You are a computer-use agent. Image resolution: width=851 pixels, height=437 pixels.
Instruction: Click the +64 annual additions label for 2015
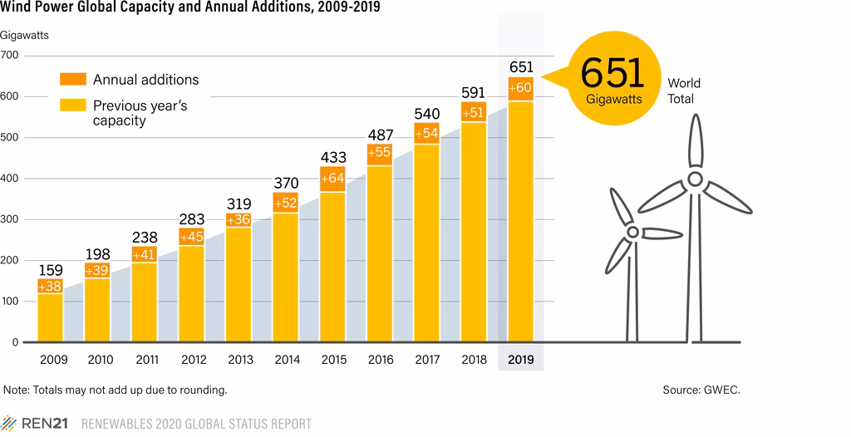tap(332, 179)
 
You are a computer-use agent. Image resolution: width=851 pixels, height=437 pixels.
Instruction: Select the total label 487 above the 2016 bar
tap(380, 135)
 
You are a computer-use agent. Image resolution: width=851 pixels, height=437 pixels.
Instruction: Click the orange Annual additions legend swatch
tap(73, 80)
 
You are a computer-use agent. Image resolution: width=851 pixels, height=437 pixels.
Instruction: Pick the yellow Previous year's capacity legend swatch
tap(73, 106)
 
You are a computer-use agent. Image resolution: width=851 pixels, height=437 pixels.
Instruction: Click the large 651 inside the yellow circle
tap(612, 73)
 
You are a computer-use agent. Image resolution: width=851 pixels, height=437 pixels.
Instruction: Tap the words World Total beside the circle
tap(684, 91)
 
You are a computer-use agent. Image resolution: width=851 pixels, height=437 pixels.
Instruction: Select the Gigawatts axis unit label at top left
tap(25, 35)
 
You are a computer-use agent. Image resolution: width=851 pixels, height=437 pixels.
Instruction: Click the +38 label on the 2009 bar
tap(51, 286)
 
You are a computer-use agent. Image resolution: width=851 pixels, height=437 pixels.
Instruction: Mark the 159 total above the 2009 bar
tap(51, 270)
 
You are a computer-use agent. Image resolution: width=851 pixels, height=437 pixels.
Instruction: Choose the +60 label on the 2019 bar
tap(520, 88)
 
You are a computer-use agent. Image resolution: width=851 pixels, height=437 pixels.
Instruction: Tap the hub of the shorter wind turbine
tap(632, 233)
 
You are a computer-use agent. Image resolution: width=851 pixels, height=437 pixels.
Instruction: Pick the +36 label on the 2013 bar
tap(239, 219)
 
